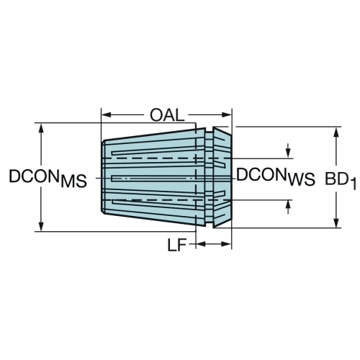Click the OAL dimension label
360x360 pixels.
tap(167, 115)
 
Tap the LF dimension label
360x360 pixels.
tap(177, 245)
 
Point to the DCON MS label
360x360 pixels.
tap(48, 178)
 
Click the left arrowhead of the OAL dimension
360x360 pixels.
tap(107, 115)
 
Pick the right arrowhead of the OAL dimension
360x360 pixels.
tap(226, 115)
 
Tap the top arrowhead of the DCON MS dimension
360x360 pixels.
tap(41, 128)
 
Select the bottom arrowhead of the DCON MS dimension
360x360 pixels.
tap(41, 227)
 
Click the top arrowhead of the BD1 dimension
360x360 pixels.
tap(336, 132)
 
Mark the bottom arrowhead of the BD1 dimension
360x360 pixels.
tap(336, 223)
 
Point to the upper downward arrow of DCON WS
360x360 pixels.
tap(289, 151)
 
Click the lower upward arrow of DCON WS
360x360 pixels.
tap(289, 207)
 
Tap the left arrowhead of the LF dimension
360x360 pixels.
tap(201, 244)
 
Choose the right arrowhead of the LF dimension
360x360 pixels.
tap(226, 244)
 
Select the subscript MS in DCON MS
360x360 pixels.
tap(73, 181)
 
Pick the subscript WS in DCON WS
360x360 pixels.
tap(302, 180)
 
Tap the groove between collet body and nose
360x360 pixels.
tap(209, 178)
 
